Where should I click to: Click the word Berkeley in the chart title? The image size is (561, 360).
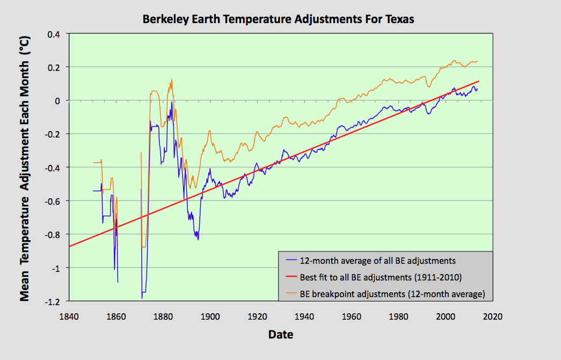coord(164,19)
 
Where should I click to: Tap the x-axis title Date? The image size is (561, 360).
coord(281,335)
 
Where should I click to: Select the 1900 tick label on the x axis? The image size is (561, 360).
coord(209,316)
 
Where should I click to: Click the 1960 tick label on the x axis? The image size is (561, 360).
coord(351,316)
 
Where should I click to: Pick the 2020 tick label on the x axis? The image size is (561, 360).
coord(492,316)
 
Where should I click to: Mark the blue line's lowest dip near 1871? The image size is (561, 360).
coord(142,298)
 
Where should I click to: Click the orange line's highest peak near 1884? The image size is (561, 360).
coord(172,80)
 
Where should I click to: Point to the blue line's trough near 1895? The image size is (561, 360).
coord(198,239)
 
